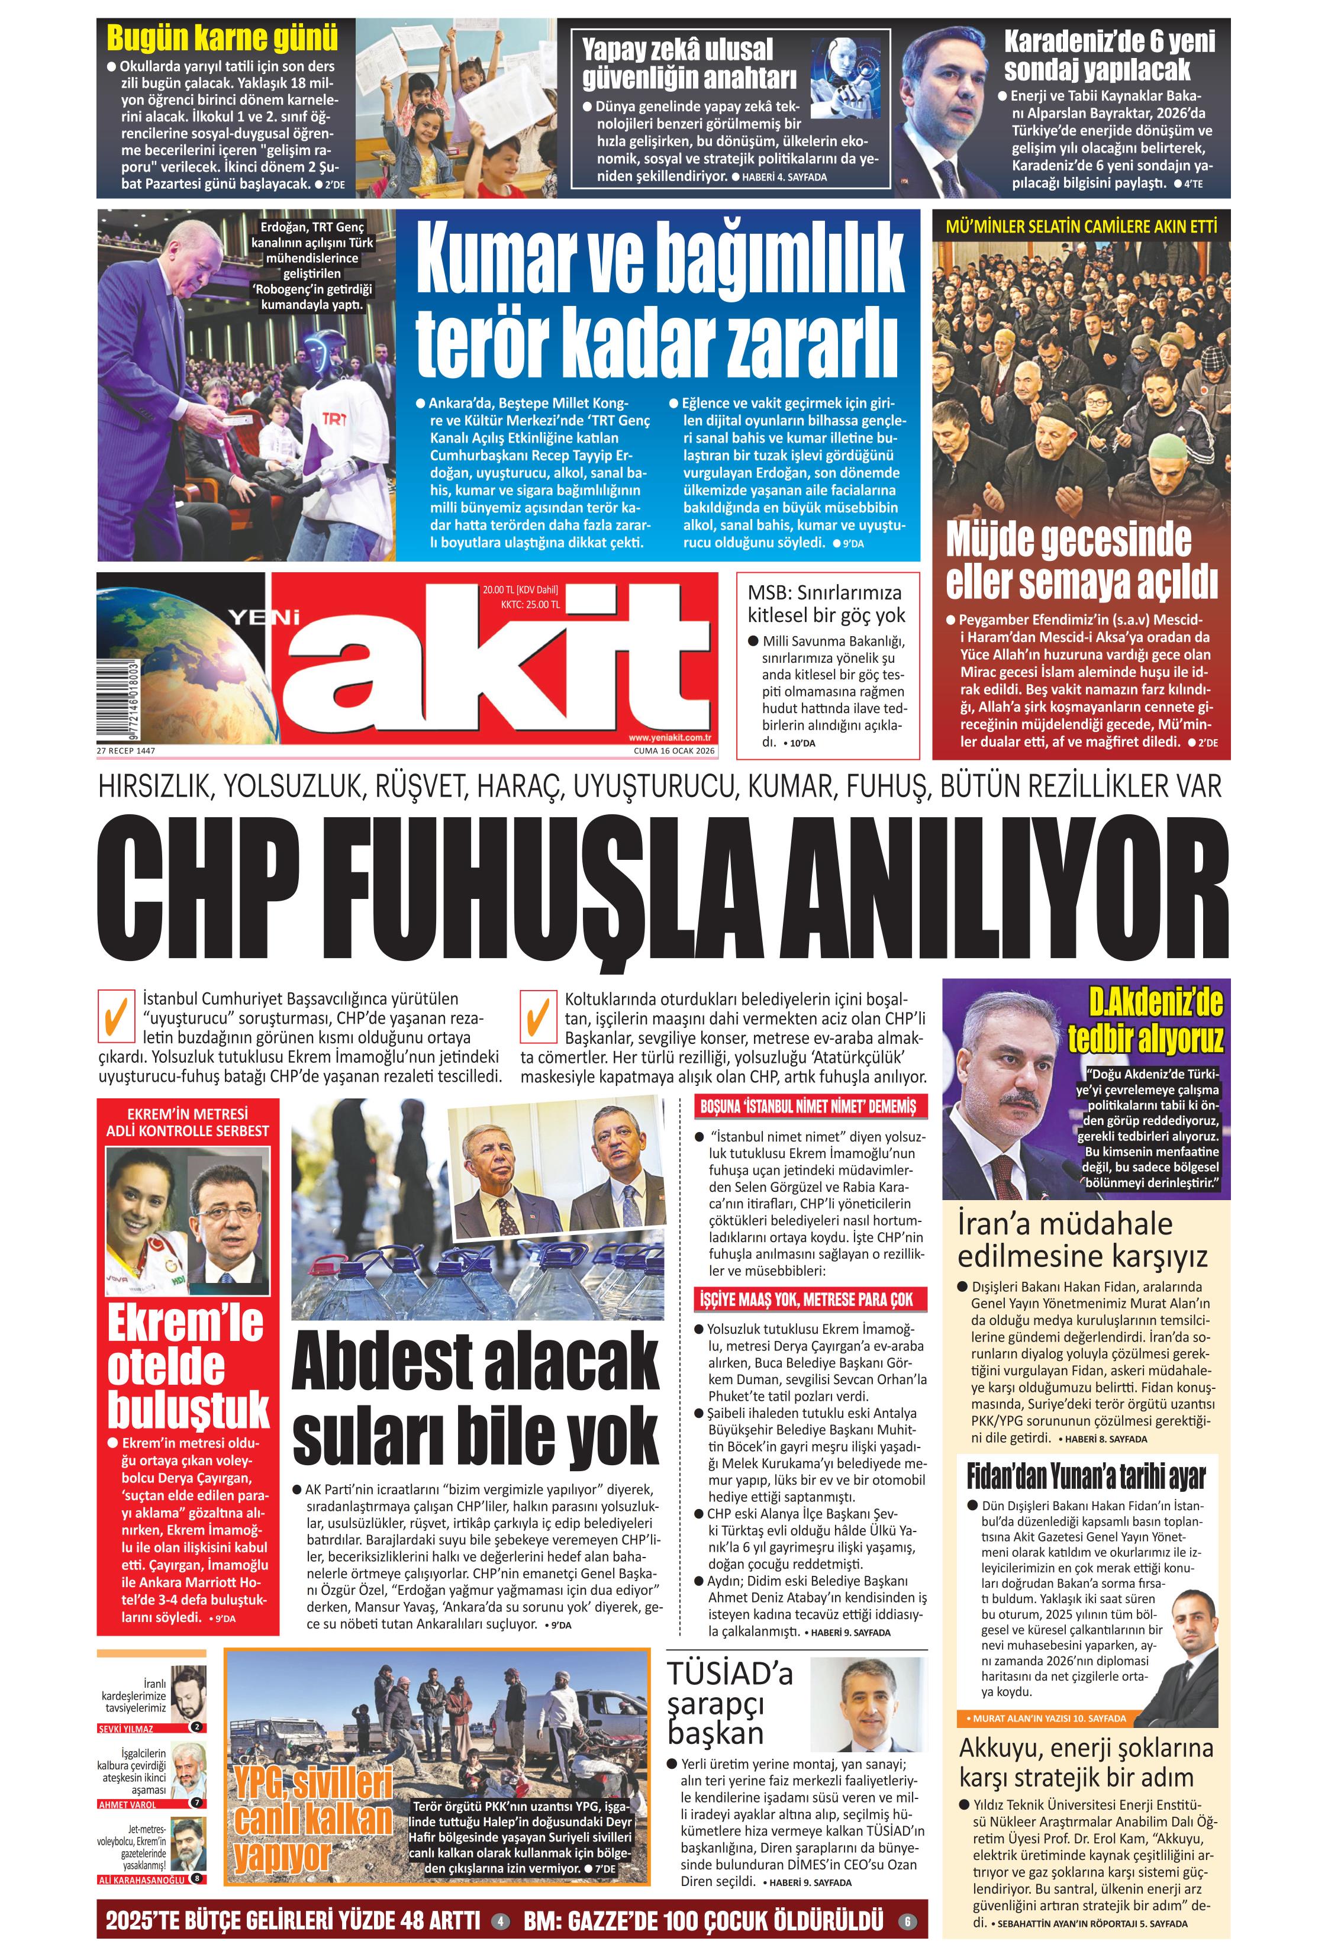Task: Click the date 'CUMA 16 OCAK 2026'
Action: point(673,751)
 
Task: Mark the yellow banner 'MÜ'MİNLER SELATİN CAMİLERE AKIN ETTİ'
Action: point(1081,225)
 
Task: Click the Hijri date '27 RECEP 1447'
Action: point(126,751)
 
